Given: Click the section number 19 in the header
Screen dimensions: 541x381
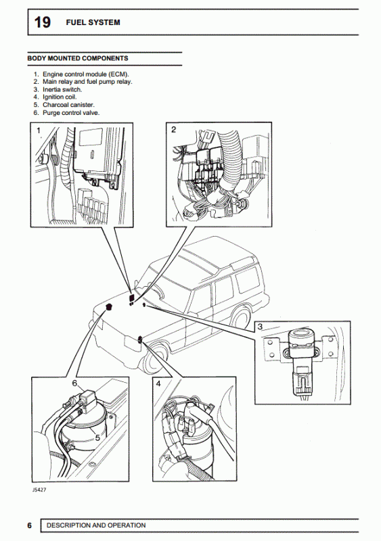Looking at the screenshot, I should click(x=41, y=22).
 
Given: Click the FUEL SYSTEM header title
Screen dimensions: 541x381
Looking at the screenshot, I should click(x=93, y=22).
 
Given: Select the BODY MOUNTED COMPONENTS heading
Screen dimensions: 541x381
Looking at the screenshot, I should click(x=77, y=58).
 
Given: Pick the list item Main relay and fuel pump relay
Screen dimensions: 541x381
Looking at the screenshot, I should click(x=87, y=81).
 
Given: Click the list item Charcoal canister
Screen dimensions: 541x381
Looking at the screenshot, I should click(x=68, y=105).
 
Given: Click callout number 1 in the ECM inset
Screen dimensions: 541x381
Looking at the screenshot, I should click(x=39, y=129).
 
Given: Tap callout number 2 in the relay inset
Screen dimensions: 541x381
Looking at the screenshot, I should click(x=173, y=129).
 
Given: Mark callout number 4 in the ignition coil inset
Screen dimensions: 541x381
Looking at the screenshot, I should click(x=158, y=384).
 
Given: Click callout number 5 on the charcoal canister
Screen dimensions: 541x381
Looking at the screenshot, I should click(x=97, y=438).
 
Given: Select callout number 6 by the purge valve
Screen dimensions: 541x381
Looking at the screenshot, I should click(x=74, y=383).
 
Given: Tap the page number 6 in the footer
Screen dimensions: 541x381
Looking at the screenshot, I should click(x=30, y=525).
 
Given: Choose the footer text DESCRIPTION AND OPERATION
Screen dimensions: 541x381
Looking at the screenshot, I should click(x=95, y=525).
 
